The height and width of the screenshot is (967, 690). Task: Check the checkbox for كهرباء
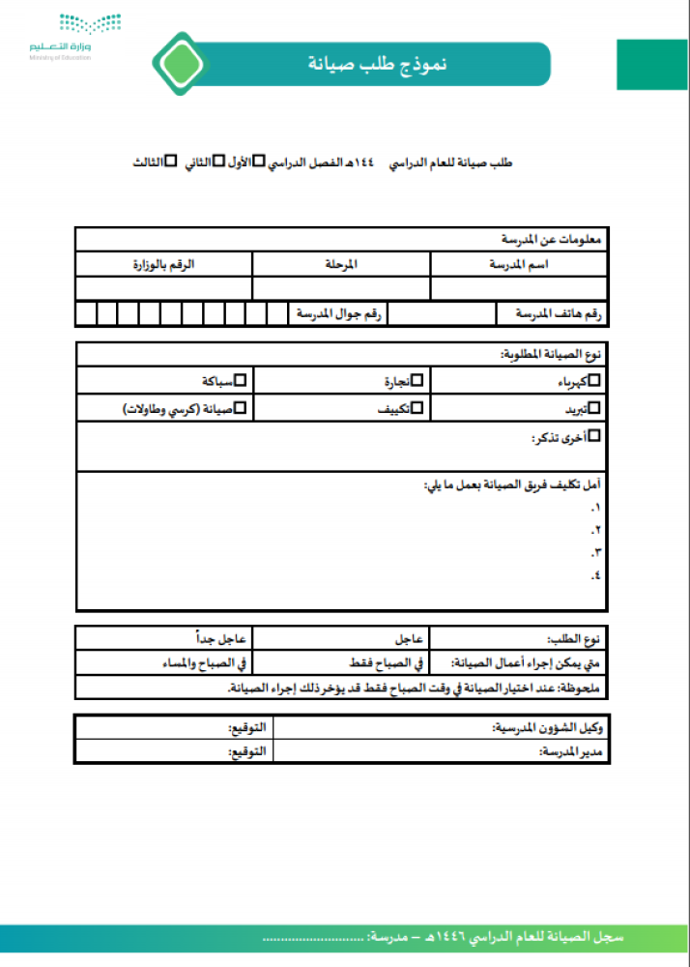coord(594,381)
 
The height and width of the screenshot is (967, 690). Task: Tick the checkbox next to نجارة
coord(417,381)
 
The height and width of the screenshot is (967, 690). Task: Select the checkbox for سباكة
coord(241,381)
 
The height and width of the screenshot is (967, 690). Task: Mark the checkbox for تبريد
coord(594,409)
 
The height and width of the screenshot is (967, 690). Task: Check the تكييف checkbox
coord(417,409)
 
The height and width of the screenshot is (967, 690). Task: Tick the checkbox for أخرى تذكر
coord(594,436)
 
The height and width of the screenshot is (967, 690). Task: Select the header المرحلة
coord(341,264)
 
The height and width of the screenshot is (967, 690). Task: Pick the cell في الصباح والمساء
coord(204,663)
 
